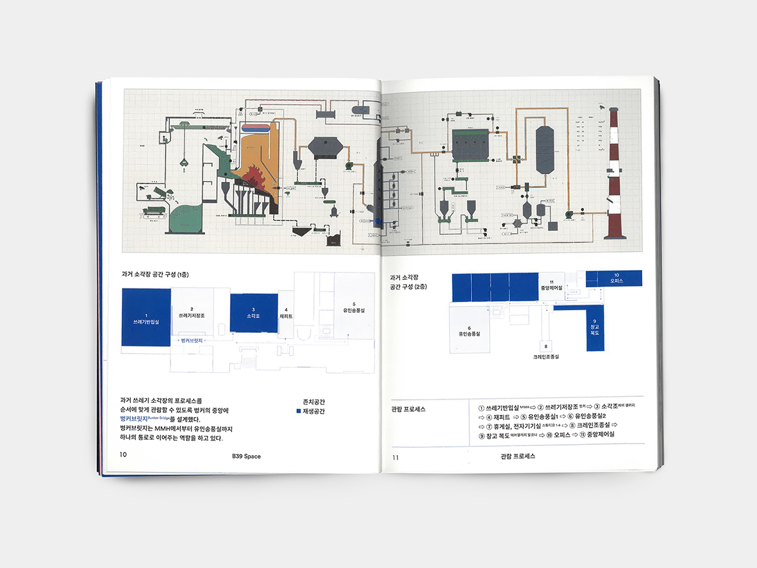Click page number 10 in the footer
pos(123,455)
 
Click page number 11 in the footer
pos(395,457)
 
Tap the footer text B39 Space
pos(246,456)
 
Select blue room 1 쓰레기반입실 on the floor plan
pos(146,317)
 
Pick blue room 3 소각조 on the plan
pos(253,313)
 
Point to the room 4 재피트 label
pos(286,313)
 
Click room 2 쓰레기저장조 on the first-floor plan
pos(192,313)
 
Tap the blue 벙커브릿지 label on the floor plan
pos(192,340)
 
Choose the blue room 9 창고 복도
pos(595,328)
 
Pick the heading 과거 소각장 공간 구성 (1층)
pos(156,274)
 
